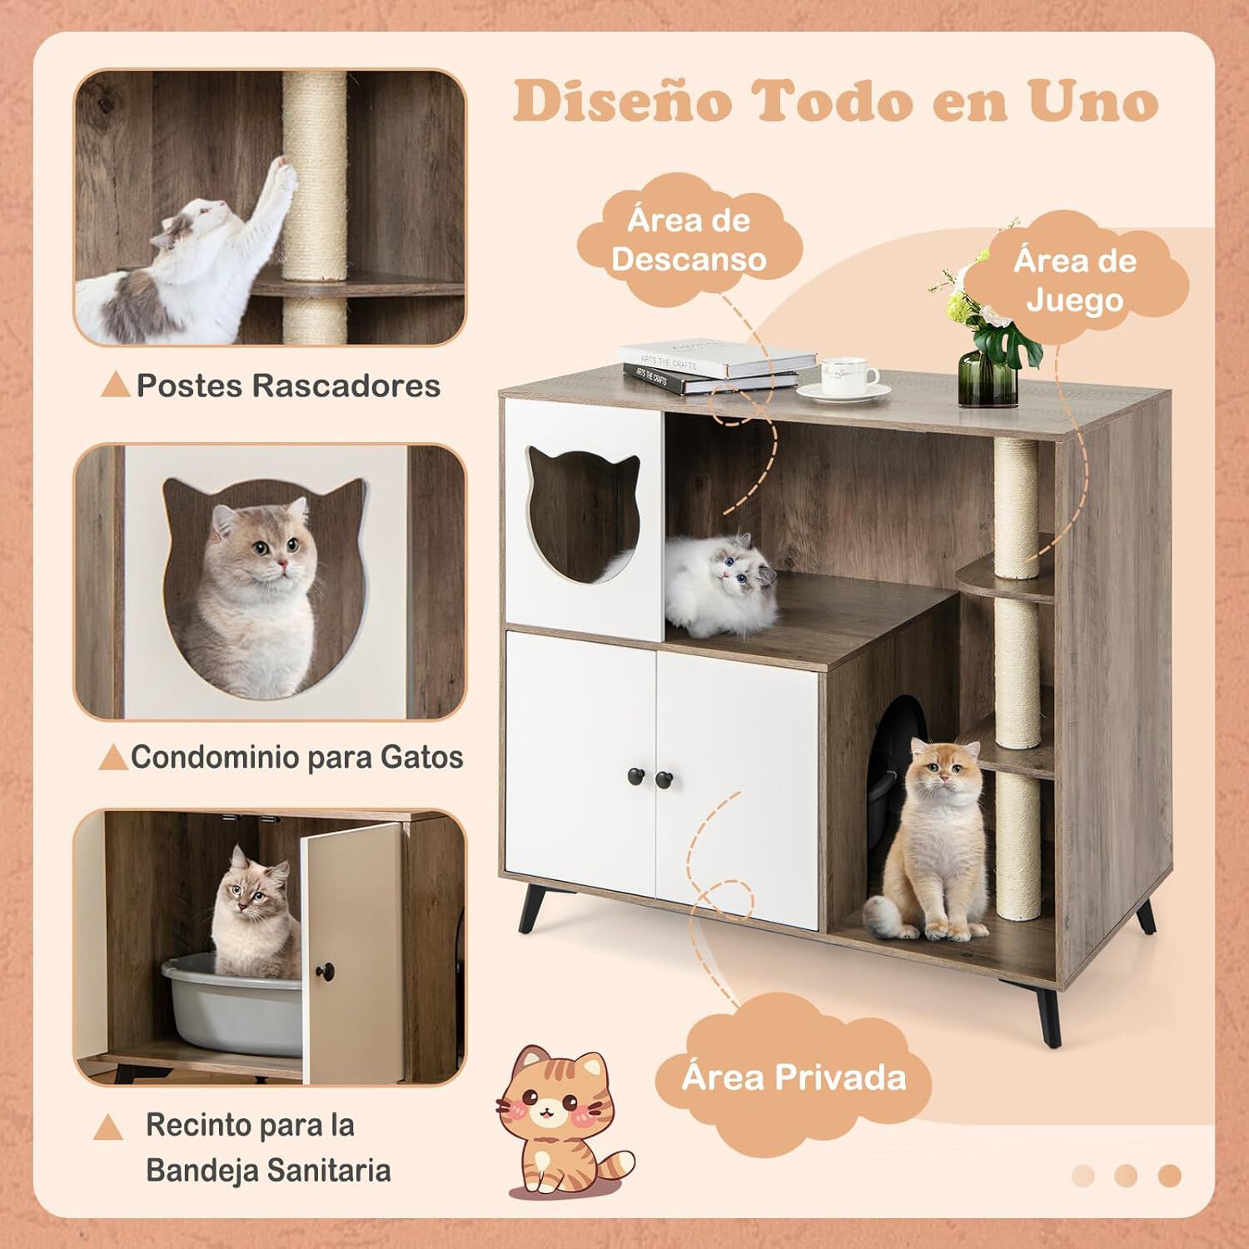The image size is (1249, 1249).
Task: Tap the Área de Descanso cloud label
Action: (689, 240)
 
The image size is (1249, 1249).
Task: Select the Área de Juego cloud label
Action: (1074, 280)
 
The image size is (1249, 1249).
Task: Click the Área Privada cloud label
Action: (793, 1077)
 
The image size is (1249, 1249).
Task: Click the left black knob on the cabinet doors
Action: (635, 777)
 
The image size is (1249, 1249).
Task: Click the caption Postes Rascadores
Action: (288, 386)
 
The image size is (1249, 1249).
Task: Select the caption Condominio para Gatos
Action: (296, 757)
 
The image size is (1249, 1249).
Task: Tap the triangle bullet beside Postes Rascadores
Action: (116, 385)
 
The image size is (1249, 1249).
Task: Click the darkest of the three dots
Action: (1169, 1175)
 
